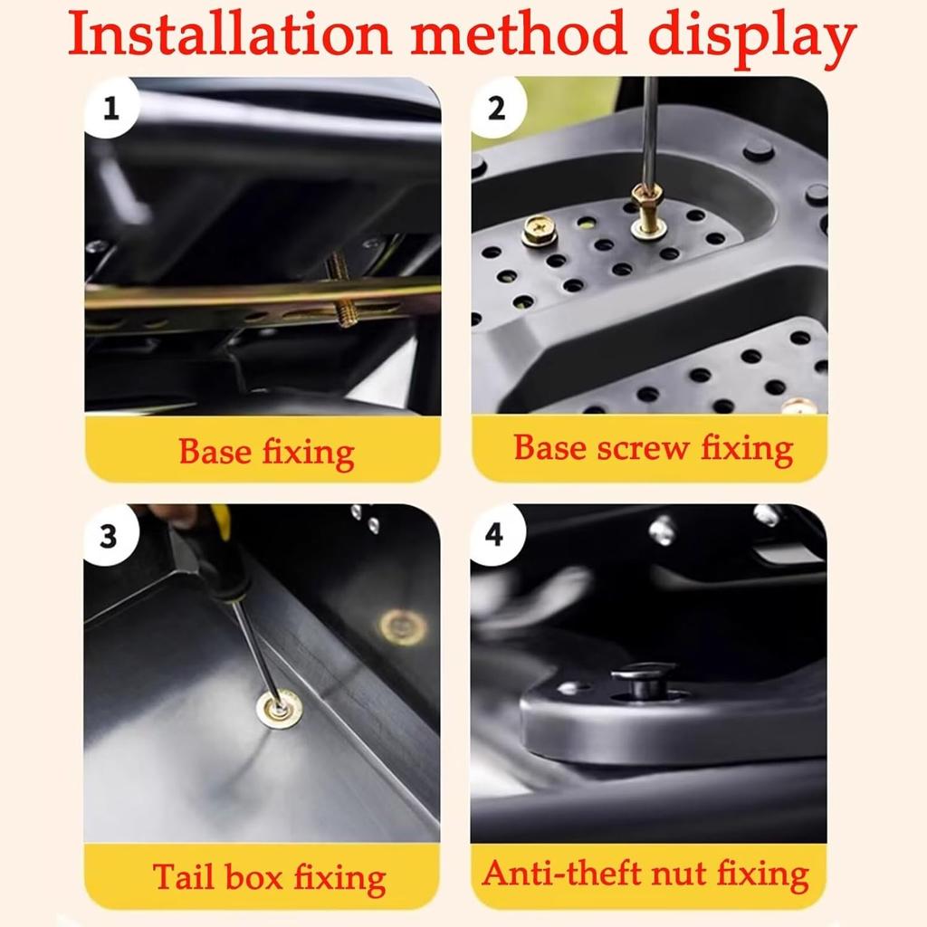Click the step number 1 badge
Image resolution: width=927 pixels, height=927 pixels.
click(x=111, y=110)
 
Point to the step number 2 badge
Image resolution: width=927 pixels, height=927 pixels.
click(x=496, y=110)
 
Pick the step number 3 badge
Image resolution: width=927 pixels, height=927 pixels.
click(x=109, y=536)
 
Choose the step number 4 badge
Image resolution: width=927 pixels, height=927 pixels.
click(x=494, y=535)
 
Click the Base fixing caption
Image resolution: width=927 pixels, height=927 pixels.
click(x=266, y=451)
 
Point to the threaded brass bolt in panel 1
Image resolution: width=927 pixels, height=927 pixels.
click(x=340, y=290)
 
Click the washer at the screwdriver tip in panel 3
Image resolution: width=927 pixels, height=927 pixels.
click(x=279, y=708)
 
